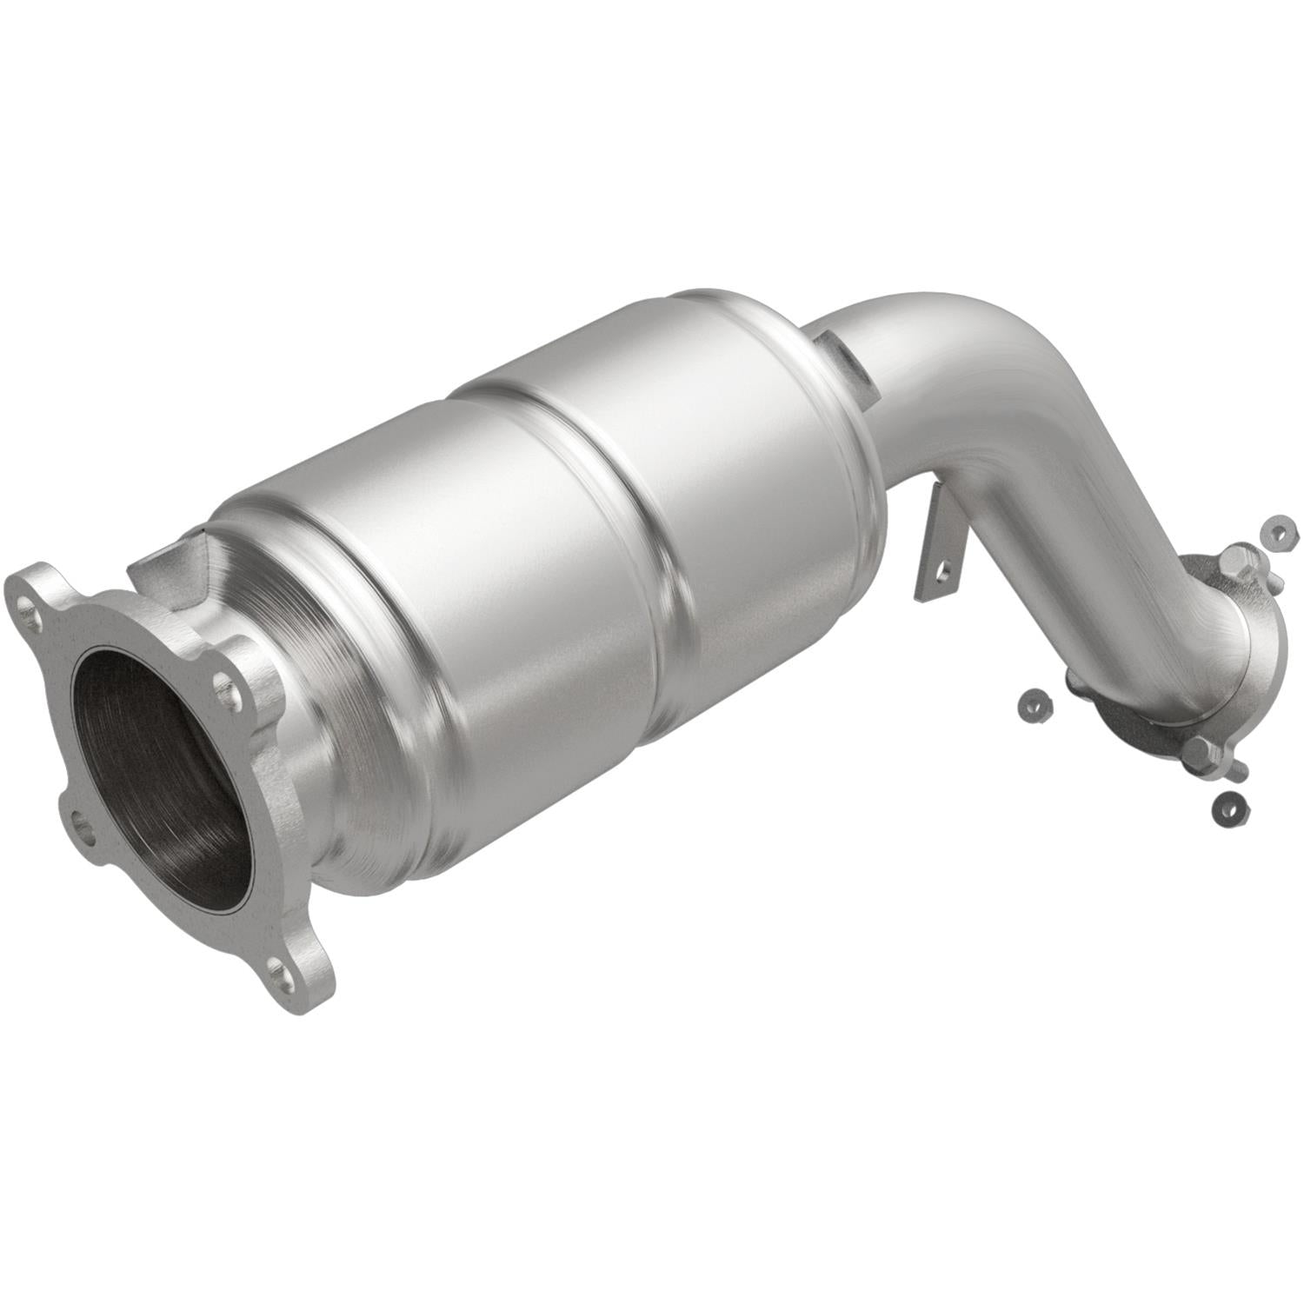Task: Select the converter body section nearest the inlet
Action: click(x=487, y=609)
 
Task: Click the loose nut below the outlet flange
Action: click(x=1230, y=808)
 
